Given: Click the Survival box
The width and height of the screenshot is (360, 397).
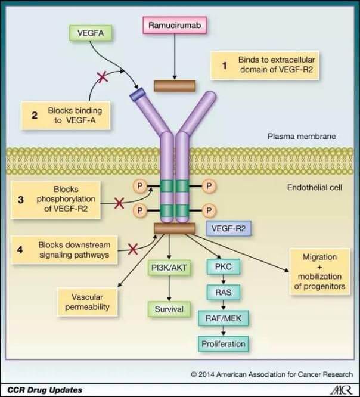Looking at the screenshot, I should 170,309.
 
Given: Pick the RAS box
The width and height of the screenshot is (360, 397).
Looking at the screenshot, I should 222,292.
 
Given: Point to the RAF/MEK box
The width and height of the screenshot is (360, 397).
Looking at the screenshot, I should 222,318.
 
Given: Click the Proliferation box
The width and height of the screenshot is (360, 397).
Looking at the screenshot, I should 222,344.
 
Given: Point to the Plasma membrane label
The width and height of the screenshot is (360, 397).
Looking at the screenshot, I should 302,137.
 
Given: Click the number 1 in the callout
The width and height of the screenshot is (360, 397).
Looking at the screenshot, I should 225,66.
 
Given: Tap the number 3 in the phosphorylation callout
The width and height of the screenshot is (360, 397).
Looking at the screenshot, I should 20,200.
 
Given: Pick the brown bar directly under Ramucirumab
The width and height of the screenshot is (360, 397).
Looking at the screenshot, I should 175,86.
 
